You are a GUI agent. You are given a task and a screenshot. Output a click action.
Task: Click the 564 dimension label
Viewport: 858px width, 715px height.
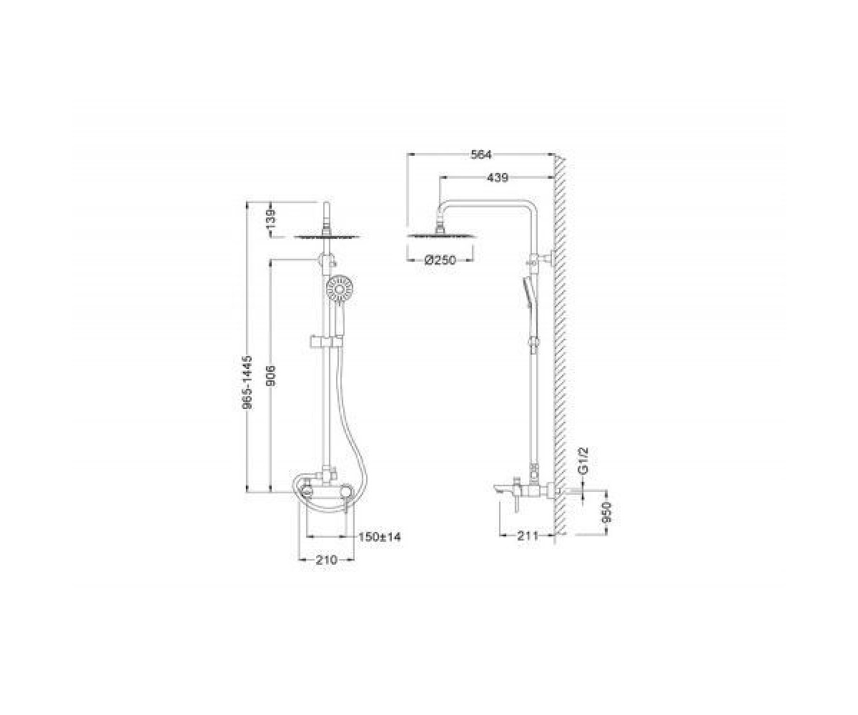tap(480, 154)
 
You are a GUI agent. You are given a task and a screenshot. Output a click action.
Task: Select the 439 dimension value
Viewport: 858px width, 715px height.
tap(498, 178)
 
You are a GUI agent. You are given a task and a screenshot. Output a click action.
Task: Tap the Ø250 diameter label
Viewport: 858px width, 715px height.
tap(440, 260)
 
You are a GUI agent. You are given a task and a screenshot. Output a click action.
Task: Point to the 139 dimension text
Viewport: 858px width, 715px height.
tap(271, 220)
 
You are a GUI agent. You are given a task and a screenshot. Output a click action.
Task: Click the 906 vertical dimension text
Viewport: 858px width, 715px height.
tap(271, 375)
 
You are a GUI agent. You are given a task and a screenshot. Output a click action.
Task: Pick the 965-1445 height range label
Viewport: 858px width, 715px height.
tap(248, 383)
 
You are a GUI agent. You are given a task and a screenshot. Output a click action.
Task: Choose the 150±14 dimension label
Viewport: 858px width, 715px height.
tap(379, 537)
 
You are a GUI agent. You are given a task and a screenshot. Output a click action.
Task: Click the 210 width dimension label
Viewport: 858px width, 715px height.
tap(326, 560)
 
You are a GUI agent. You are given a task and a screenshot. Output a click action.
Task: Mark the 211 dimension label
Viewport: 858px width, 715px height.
tap(527, 536)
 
